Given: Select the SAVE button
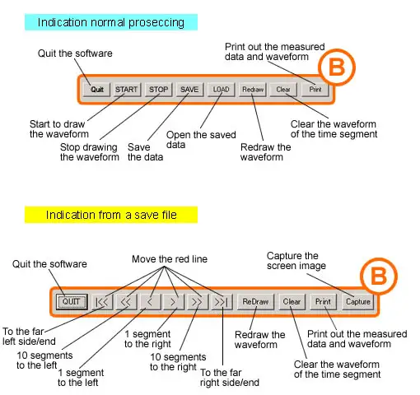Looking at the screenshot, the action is pyautogui.click(x=189, y=90).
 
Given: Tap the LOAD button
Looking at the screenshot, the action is pyautogui.click(x=221, y=90).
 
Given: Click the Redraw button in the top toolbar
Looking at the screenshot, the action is pyautogui.click(x=253, y=90).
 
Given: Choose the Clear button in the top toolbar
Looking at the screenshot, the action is pyautogui.click(x=283, y=90).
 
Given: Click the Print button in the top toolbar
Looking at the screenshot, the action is pyautogui.click(x=315, y=90).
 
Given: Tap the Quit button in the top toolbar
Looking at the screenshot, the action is pyautogui.click(x=97, y=90).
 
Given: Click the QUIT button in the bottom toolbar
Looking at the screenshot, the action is pyautogui.click(x=72, y=302).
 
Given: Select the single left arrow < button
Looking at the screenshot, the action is pyautogui.click(x=151, y=302).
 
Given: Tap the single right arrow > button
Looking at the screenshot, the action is pyautogui.click(x=174, y=302).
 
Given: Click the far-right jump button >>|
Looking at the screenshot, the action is pyautogui.click(x=222, y=302).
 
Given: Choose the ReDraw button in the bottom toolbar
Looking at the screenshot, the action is pyautogui.click(x=255, y=302).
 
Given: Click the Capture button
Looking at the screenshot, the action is pyautogui.click(x=358, y=302).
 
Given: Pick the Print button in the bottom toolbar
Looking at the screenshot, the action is pyautogui.click(x=323, y=302).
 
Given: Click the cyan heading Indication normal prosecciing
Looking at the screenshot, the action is pyautogui.click(x=111, y=22).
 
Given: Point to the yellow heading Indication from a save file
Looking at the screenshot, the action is pyautogui.click(x=111, y=215).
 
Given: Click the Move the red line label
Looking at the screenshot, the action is pyautogui.click(x=170, y=259).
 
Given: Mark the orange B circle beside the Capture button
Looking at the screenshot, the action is pyautogui.click(x=379, y=276).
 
